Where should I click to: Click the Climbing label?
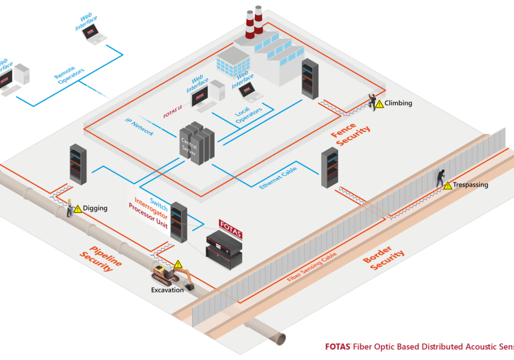pos(398,103)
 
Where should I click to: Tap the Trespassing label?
pos(470,185)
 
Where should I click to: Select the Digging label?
pos(95,209)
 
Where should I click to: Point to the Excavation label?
pos(167,290)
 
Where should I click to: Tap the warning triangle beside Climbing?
pos(380,104)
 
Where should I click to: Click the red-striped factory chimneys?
pos(254,24)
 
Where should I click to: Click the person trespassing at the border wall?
pos(439,177)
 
